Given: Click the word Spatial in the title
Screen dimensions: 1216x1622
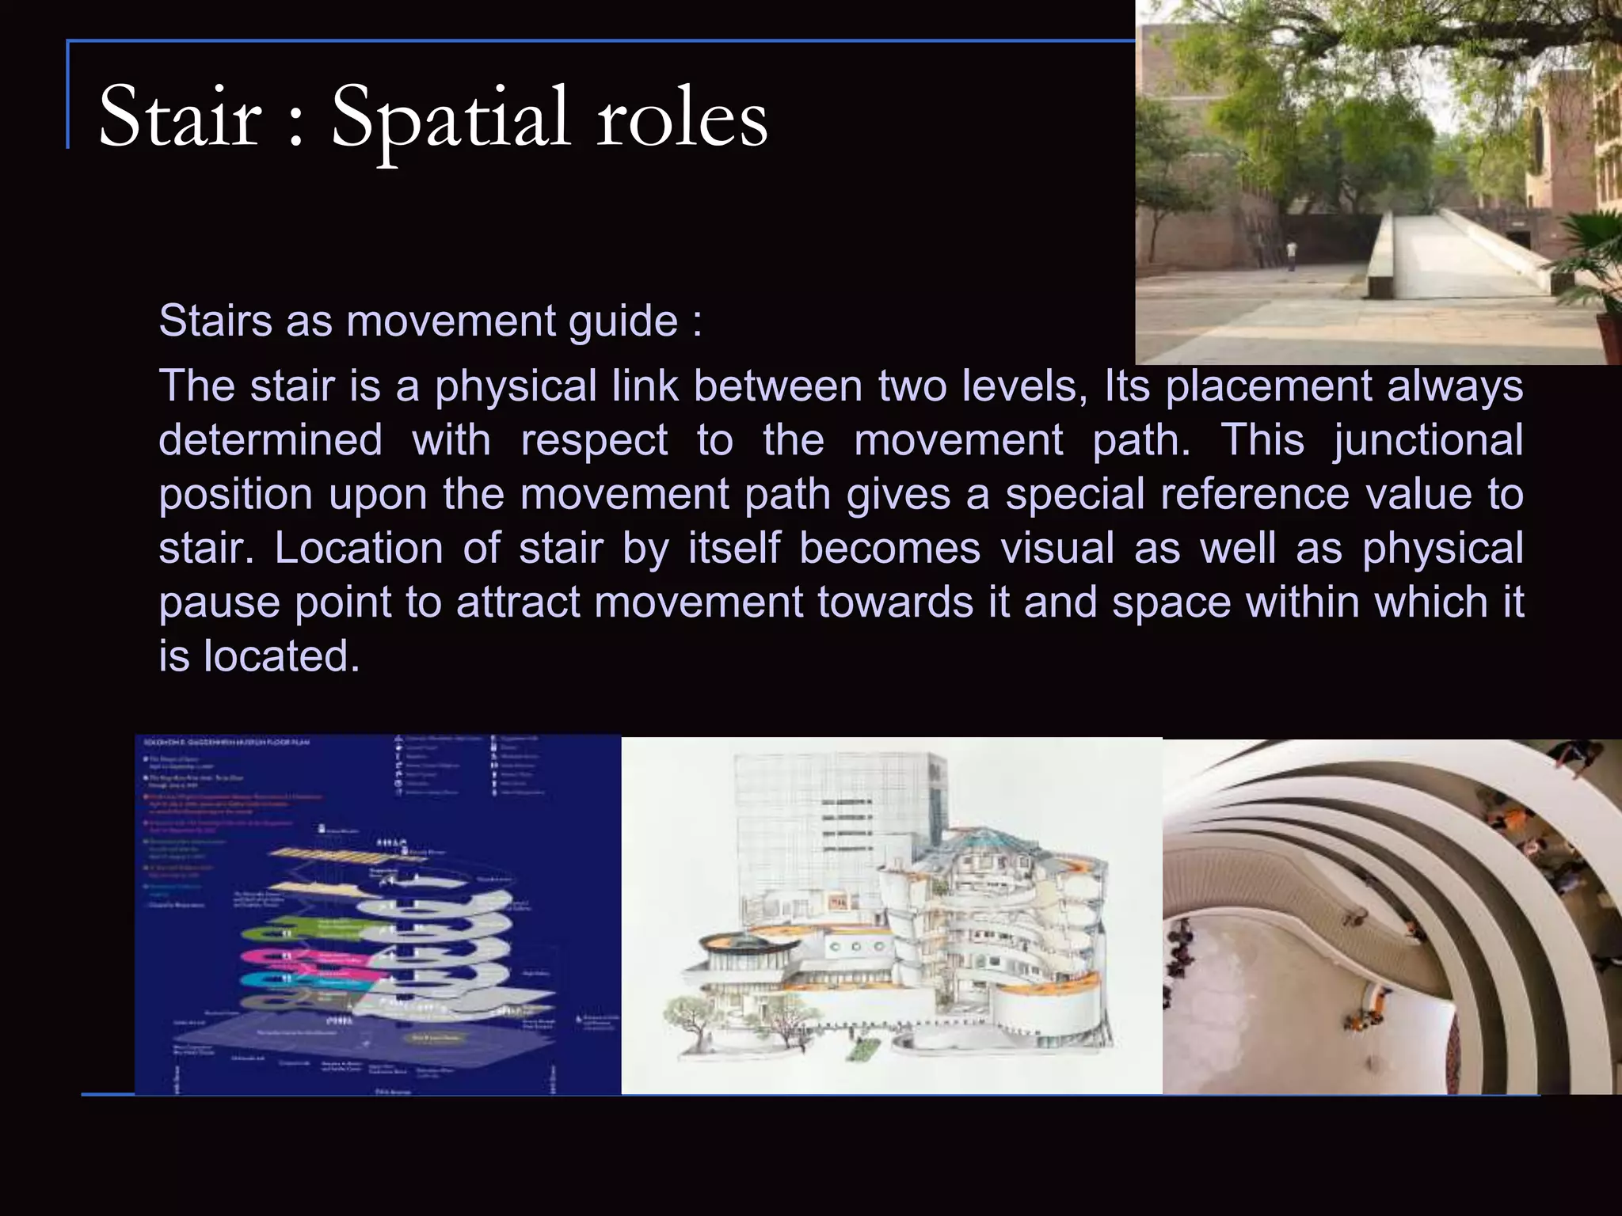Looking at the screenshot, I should tap(450, 119).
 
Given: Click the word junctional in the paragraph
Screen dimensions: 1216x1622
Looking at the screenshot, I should tap(1428, 440).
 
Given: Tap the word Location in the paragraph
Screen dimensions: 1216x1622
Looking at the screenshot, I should tap(359, 548).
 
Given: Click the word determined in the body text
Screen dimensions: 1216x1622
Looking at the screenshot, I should tap(270, 440).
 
